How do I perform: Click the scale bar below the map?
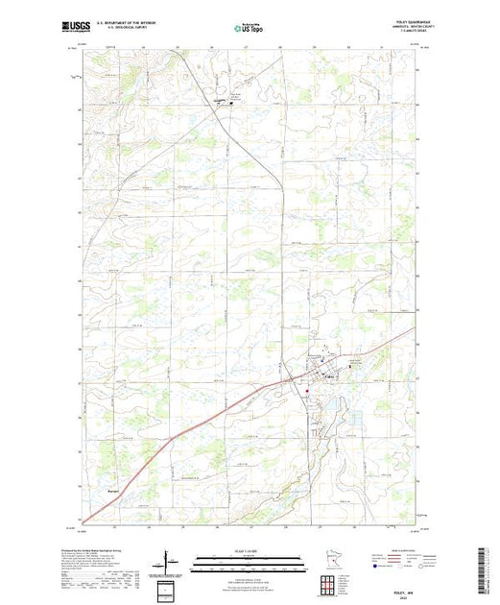250,559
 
